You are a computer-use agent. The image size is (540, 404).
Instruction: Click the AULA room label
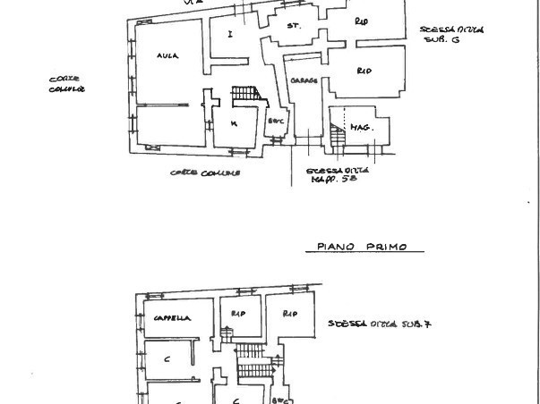tap(167, 55)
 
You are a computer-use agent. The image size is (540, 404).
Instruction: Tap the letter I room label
tap(230, 34)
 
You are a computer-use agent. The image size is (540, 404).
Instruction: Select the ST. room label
tap(292, 27)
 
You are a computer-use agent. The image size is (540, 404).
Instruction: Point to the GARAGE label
tap(304, 80)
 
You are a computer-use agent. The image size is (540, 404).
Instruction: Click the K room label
tap(233, 123)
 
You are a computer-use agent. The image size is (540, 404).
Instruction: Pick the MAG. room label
tap(361, 128)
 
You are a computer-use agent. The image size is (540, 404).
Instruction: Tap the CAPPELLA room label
tap(172, 318)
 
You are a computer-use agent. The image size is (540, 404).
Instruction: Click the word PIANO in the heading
tap(337, 247)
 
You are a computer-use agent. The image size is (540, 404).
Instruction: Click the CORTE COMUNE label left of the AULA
tap(66, 84)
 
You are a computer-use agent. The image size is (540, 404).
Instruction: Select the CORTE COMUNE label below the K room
tap(205, 173)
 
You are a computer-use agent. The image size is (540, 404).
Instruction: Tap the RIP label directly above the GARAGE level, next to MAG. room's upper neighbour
tap(364, 70)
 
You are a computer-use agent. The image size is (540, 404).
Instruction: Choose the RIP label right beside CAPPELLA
tap(238, 314)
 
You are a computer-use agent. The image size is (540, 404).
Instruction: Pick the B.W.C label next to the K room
tap(276, 120)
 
